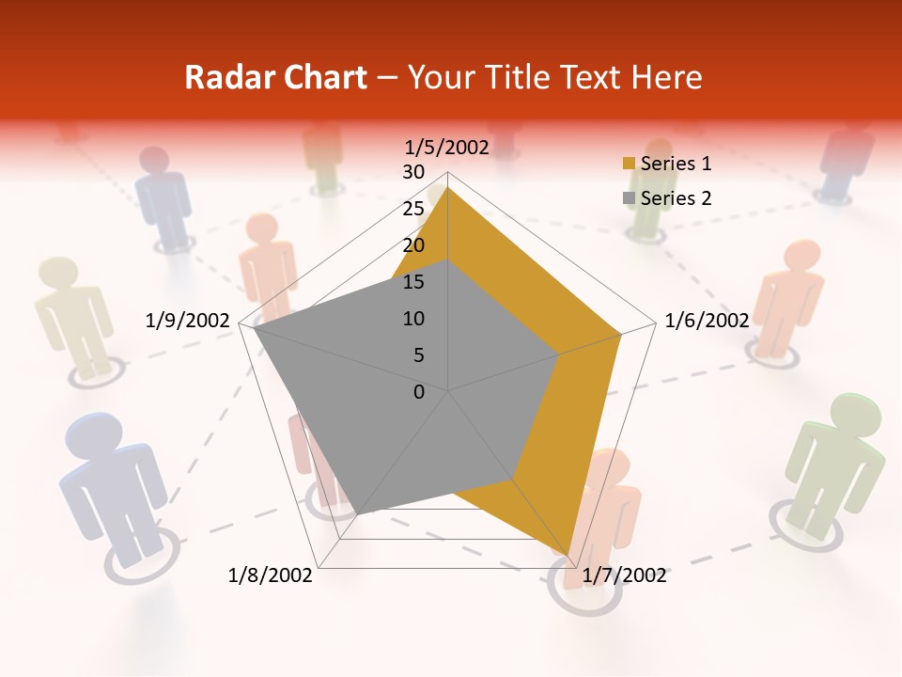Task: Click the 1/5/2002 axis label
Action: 447,148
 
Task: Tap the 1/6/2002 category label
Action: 707,321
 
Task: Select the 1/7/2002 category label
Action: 624,575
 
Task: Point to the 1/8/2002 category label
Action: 271,575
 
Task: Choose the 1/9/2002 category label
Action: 188,321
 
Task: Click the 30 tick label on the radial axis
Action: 413,172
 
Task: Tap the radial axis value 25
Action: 413,209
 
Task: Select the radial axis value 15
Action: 413,282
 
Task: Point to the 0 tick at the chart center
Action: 419,392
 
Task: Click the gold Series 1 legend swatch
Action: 629,164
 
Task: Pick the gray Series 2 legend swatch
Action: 629,198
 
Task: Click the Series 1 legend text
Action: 676,164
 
